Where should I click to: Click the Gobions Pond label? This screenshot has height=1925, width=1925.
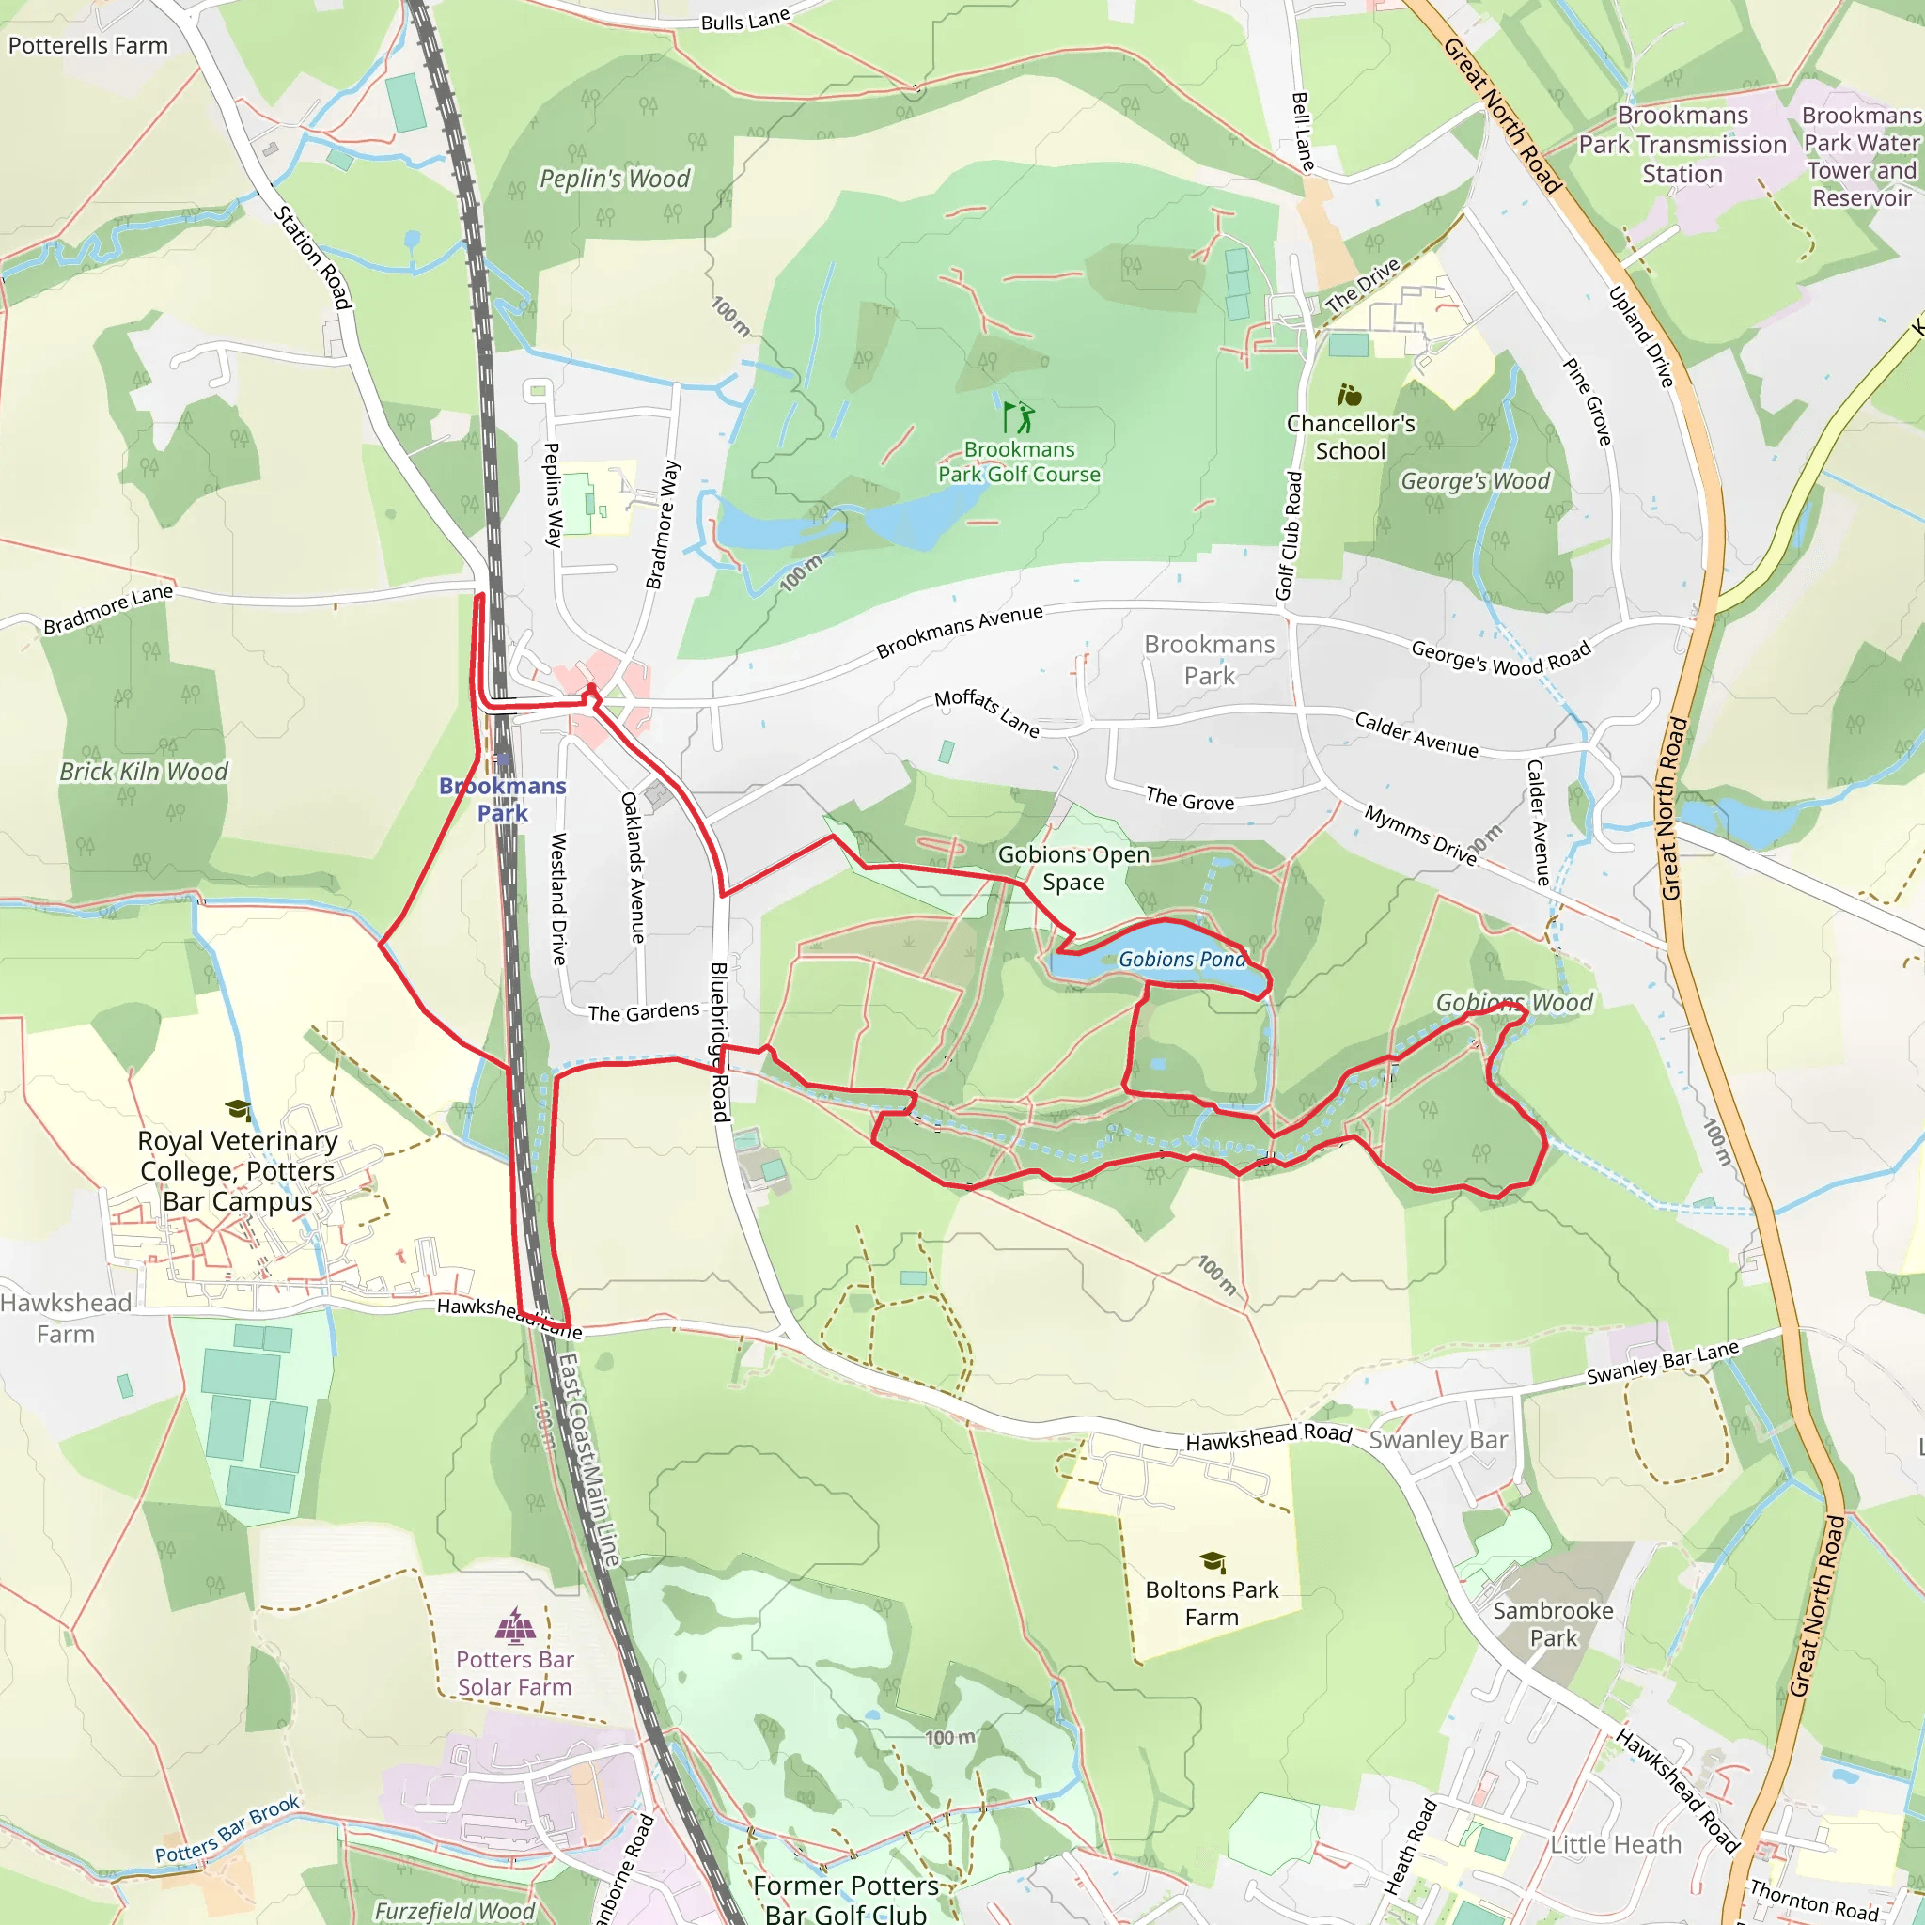click(x=1182, y=960)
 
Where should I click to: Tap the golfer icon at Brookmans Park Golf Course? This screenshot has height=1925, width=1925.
click(x=1018, y=416)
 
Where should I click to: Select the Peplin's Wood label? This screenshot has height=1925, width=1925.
click(x=614, y=180)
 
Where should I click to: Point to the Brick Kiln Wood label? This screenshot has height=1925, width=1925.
click(x=144, y=773)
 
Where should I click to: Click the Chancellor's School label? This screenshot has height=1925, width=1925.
click(x=1350, y=437)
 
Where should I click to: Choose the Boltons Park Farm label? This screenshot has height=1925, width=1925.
click(x=1212, y=1604)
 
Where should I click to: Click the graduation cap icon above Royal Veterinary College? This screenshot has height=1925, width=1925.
click(x=238, y=1109)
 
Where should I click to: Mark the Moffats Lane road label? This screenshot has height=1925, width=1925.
click(x=986, y=713)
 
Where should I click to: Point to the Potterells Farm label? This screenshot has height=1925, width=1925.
click(x=87, y=46)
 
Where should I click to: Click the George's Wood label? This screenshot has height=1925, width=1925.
click(x=1475, y=481)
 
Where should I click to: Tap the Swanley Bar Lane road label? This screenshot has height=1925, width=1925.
click(x=1662, y=1363)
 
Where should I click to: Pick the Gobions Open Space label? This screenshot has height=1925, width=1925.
click(x=1073, y=868)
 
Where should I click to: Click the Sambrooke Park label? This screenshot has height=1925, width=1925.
click(x=1553, y=1624)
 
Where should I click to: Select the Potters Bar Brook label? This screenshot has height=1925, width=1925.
click(x=227, y=1829)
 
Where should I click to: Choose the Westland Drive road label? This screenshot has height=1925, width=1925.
click(x=559, y=899)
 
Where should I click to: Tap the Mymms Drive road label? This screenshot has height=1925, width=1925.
click(x=1420, y=835)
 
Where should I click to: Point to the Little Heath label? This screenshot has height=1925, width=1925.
click(x=1615, y=1845)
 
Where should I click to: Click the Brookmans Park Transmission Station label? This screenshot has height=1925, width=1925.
click(x=1682, y=146)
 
